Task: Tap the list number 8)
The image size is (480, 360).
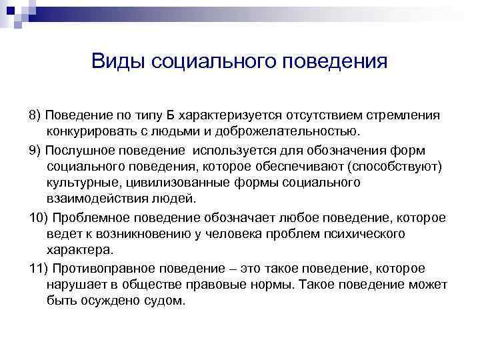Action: (35, 115)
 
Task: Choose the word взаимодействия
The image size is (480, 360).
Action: (95, 199)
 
